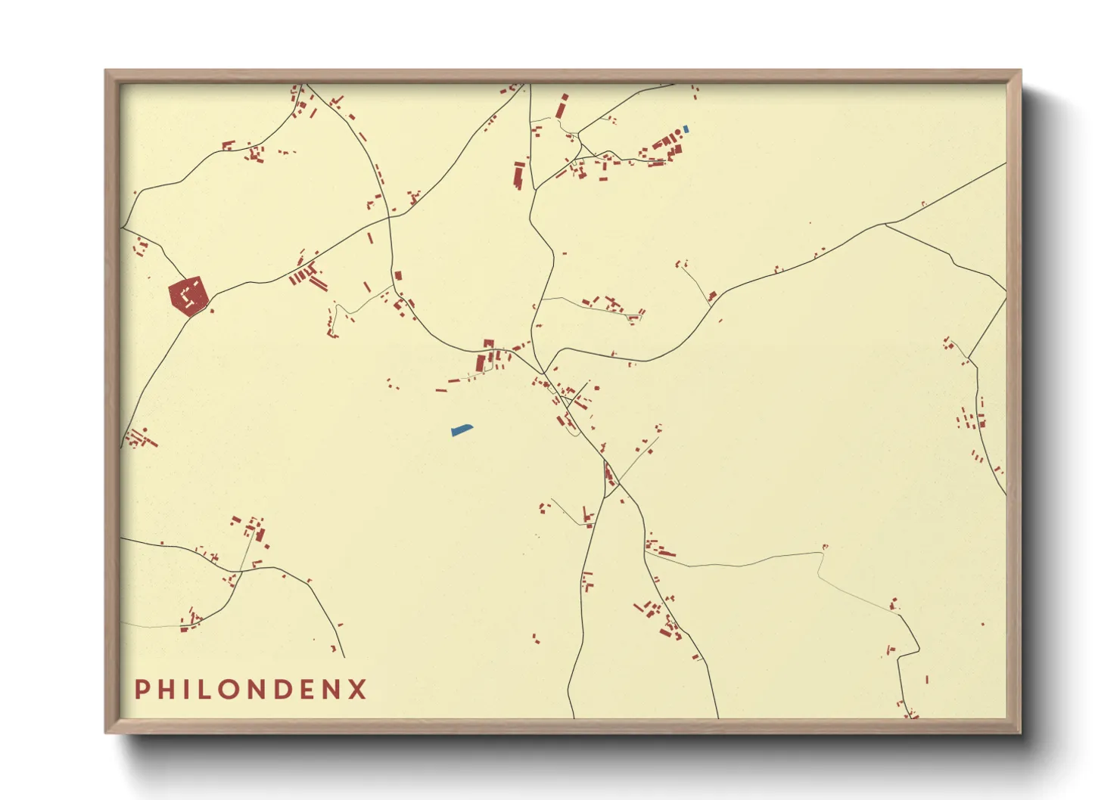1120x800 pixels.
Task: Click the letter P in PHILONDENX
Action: click(x=141, y=690)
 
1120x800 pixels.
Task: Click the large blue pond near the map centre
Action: click(x=461, y=430)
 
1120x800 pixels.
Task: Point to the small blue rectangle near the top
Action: click(x=686, y=129)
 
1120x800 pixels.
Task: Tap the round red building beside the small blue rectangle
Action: click(x=679, y=132)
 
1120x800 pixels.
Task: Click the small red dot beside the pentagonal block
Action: click(x=212, y=311)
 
